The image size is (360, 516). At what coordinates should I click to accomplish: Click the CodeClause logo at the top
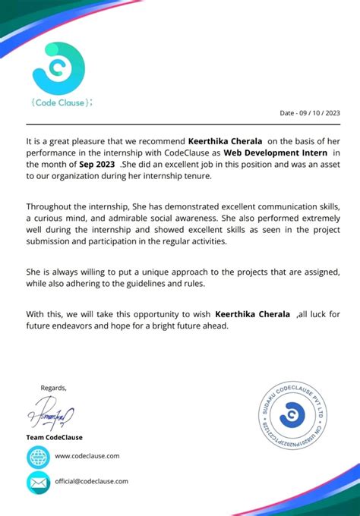[x=59, y=68]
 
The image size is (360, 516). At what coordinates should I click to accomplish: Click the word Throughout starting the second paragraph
[x=50, y=206]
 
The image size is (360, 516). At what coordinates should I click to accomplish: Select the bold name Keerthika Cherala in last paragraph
[x=253, y=313]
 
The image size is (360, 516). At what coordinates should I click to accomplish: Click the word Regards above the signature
[x=54, y=388]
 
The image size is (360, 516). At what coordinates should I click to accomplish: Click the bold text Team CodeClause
[x=55, y=437]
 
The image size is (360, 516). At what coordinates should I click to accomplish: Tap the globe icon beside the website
[x=38, y=456]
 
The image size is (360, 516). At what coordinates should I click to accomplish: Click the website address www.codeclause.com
[x=87, y=456]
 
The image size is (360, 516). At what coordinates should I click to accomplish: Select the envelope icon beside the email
[x=38, y=481]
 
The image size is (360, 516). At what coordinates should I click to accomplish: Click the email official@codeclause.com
[x=91, y=481]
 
